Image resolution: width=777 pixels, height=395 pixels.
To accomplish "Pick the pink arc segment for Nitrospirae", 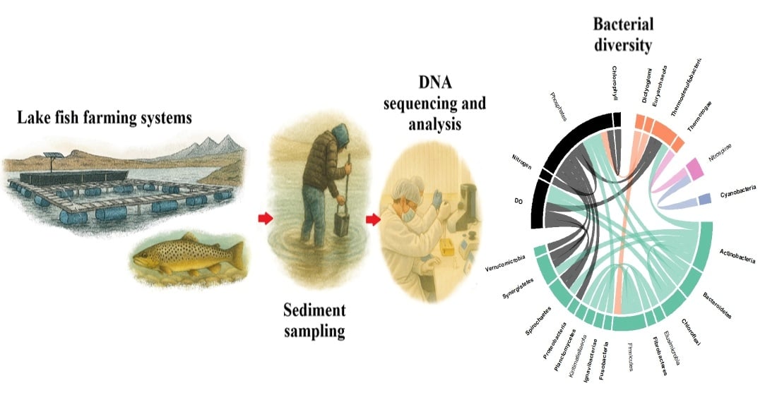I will (x=694, y=168).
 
